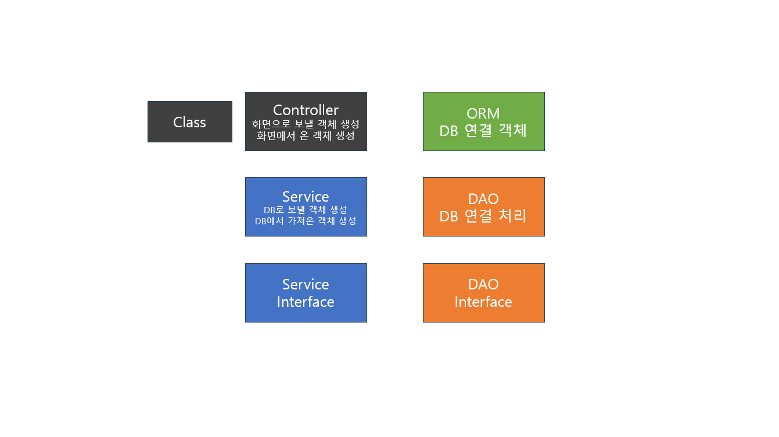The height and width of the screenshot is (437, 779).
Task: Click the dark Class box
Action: [189, 122]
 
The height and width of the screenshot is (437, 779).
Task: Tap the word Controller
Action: [306, 110]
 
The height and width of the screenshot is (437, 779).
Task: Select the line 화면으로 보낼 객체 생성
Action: [306, 124]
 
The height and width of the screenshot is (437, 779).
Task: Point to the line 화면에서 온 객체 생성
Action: [306, 136]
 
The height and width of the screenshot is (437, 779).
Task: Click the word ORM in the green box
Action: [483, 113]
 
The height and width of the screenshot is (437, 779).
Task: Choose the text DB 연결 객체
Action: [483, 131]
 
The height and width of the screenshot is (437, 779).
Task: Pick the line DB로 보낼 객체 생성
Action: [306, 210]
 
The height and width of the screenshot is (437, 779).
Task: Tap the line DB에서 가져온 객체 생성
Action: [306, 221]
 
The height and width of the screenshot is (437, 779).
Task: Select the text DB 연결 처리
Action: [483, 216]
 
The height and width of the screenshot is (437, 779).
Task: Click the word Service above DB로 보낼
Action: [306, 196]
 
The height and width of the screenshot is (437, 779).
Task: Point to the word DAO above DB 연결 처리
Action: [483, 199]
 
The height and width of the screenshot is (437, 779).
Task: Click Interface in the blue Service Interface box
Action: [306, 302]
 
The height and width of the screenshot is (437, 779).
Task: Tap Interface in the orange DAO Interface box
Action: [483, 302]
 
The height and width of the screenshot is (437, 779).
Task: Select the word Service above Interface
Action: [306, 284]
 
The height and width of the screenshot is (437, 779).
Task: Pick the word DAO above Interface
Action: [483, 284]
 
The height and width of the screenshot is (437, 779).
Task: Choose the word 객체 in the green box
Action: [512, 131]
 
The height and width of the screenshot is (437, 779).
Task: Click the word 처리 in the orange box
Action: [512, 216]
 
